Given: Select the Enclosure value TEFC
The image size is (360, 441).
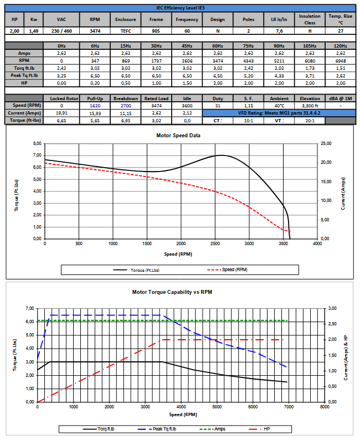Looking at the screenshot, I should (x=126, y=32).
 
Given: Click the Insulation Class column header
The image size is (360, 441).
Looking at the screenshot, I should (x=310, y=19).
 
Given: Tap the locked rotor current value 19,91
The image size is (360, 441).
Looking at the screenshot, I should (x=61, y=112).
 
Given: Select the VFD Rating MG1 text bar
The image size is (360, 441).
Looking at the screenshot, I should (x=279, y=112).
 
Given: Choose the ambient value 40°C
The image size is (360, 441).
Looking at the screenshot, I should (x=279, y=105).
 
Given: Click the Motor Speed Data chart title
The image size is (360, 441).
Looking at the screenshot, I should (x=180, y=135).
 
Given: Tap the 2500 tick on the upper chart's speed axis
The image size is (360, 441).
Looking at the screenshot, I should (x=215, y=243).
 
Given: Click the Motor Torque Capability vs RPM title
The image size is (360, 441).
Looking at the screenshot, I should (x=180, y=292).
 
